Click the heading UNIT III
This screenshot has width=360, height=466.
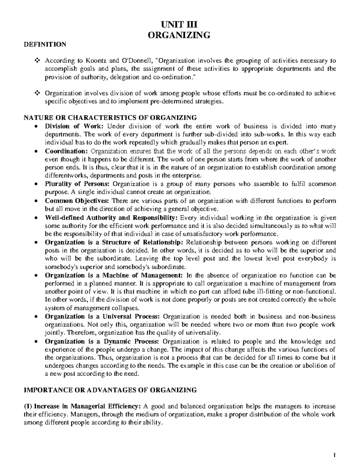tap(179, 24)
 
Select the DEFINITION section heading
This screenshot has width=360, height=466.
tap(45, 45)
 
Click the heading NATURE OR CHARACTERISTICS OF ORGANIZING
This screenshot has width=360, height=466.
tap(110, 117)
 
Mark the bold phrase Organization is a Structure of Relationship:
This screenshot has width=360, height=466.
tap(114, 242)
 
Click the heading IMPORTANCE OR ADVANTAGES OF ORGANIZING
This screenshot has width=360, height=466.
tap(110, 390)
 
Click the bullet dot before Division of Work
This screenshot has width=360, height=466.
tap(36, 127)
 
